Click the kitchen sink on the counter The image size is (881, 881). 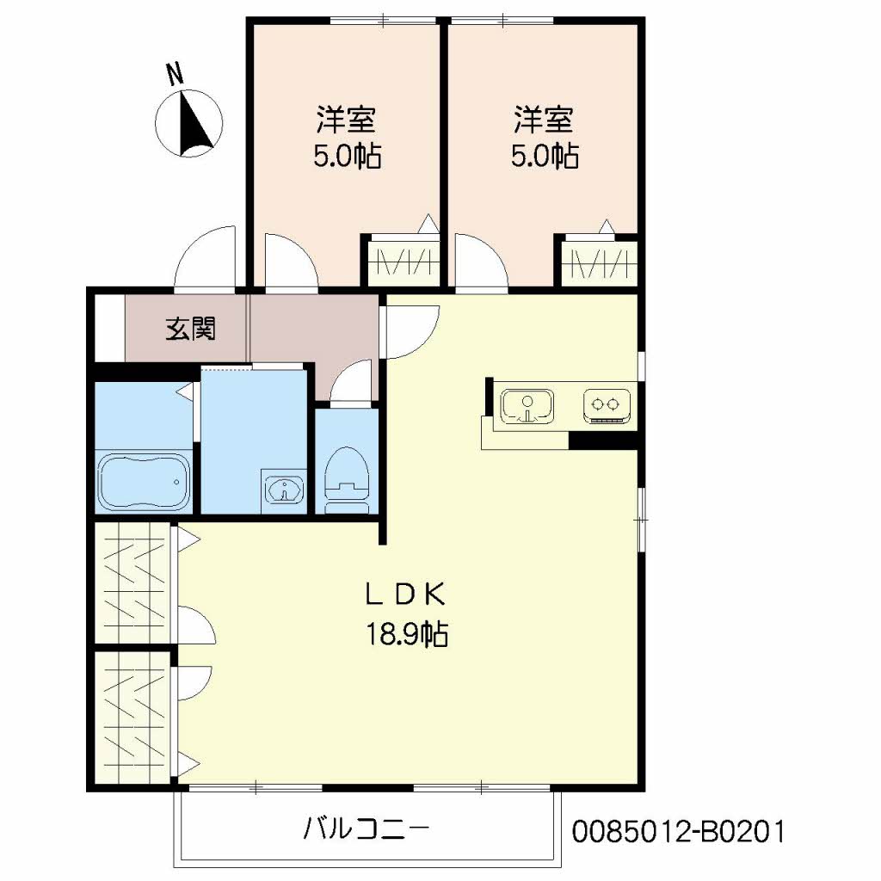click(x=527, y=407)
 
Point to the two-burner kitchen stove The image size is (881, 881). click(x=607, y=404)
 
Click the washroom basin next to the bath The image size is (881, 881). click(x=285, y=490)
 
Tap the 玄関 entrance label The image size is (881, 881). click(x=190, y=329)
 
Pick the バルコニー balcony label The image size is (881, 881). click(x=366, y=829)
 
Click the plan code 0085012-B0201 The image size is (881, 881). click(x=678, y=831)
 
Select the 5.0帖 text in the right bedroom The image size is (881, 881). click(x=544, y=157)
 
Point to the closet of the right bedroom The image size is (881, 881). click(x=600, y=261)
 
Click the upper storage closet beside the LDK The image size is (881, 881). click(x=133, y=582)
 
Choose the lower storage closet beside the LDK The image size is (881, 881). click(x=133, y=716)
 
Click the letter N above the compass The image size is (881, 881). click(x=175, y=76)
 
